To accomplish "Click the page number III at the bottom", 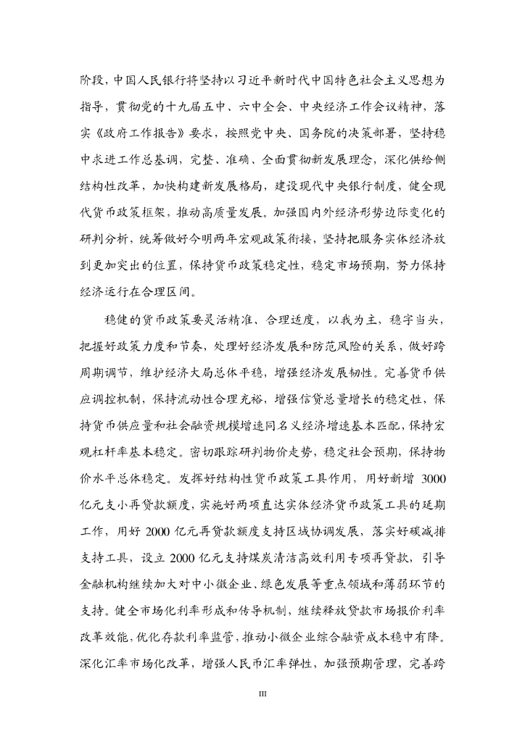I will coord(262,694).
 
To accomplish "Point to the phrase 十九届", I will coord(174,101).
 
